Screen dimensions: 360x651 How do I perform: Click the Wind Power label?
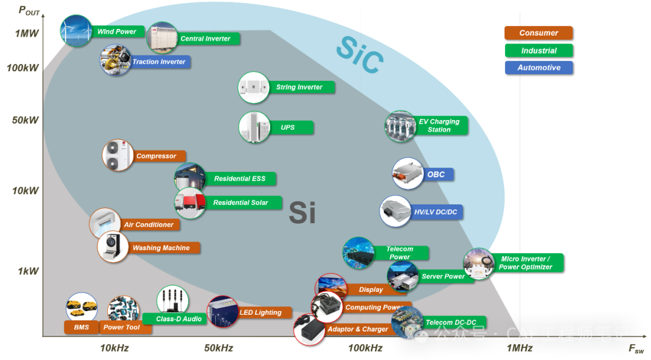tap(118, 31)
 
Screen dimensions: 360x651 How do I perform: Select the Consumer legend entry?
tap(538, 33)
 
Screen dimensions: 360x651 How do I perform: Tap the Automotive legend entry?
tap(538, 68)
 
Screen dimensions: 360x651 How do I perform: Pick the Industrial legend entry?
tap(538, 51)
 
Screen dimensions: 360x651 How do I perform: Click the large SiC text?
tap(359, 55)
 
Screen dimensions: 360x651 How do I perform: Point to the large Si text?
tap(302, 212)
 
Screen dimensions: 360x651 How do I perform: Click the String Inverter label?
tap(300, 87)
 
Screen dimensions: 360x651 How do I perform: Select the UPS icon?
tap(254, 127)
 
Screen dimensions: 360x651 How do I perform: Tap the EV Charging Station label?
tap(439, 125)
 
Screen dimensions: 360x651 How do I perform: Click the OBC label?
tap(436, 175)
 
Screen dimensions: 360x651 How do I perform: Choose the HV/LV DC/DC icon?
tap(395, 212)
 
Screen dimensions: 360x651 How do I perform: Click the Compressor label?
tap(156, 156)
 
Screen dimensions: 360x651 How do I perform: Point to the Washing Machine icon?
tap(113, 247)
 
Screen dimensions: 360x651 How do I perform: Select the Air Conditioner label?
tap(149, 225)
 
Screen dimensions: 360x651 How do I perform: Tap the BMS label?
tap(81, 327)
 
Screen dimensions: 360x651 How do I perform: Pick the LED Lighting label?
tap(260, 313)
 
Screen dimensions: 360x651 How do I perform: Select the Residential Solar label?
tap(241, 203)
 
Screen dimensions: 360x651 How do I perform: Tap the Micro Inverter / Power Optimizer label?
tap(526, 263)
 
